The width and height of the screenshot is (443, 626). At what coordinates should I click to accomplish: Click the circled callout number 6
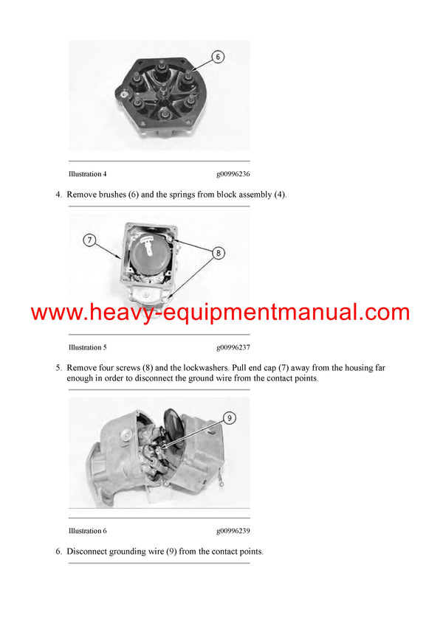(219, 56)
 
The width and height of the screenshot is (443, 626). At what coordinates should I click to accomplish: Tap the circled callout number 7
(89, 240)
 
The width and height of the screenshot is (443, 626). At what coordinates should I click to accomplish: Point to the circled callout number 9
(229, 417)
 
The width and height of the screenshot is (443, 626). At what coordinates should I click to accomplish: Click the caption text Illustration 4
(87, 174)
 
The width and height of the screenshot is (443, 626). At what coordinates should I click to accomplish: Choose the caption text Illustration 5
(87, 347)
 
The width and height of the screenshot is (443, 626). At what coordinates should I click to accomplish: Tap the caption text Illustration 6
(87, 531)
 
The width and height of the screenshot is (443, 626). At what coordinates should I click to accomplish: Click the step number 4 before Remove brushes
(58, 195)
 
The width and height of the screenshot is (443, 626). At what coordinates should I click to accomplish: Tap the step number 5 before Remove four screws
(58, 367)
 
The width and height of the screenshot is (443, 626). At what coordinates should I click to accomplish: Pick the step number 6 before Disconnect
(58, 552)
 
